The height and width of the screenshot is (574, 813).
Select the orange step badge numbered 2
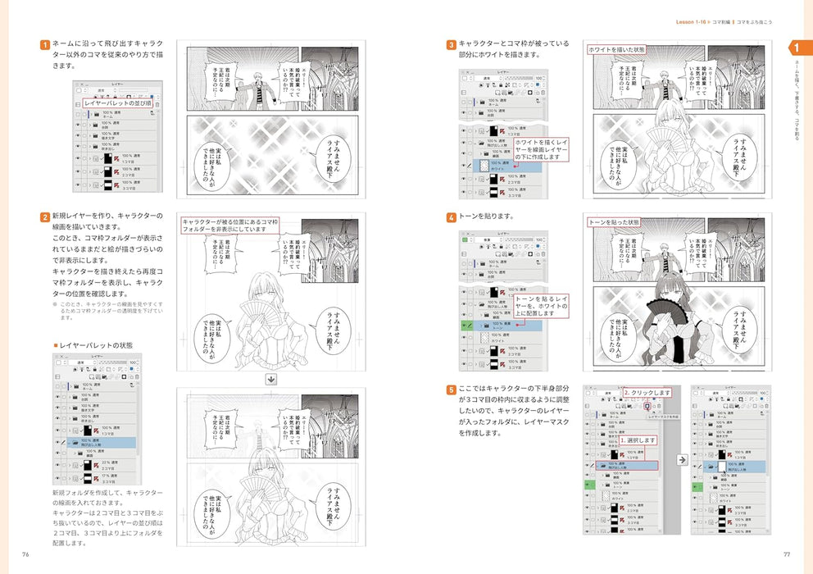[x=45, y=217]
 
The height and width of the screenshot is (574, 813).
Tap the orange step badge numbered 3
[x=451, y=44]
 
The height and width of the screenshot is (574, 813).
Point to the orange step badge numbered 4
[x=451, y=217]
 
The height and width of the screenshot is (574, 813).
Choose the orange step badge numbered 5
[x=451, y=390]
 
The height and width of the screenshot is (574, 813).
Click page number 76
[x=26, y=553]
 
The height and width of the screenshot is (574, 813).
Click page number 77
[x=786, y=553]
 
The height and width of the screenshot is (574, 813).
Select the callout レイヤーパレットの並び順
[x=118, y=103]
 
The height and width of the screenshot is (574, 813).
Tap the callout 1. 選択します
[x=639, y=441]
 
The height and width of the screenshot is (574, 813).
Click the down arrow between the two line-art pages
[x=270, y=380]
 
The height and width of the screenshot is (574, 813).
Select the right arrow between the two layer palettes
[x=680, y=460]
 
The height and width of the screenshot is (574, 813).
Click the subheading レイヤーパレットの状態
[x=94, y=346]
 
